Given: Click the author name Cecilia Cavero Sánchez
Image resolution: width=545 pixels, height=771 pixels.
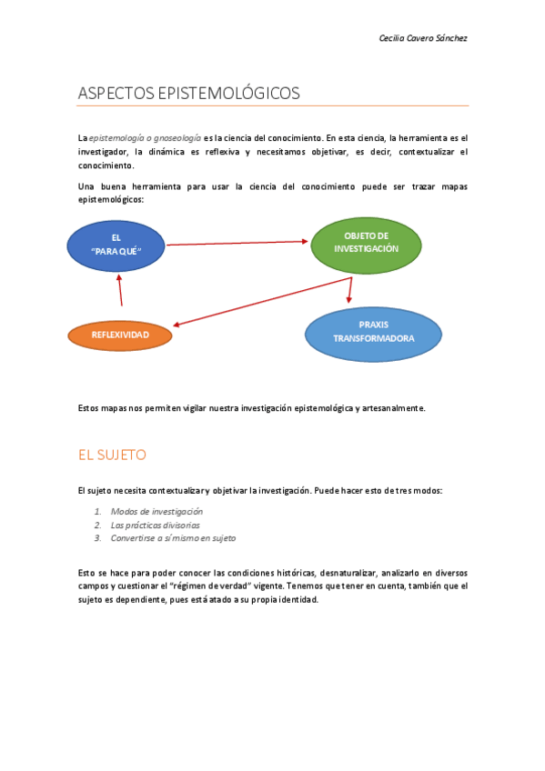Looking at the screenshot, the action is (422, 38).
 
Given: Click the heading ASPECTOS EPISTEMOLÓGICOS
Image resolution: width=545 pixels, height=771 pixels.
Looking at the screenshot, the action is (188, 93).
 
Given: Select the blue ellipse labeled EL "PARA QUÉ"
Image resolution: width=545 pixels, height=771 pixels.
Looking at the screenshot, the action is (116, 245).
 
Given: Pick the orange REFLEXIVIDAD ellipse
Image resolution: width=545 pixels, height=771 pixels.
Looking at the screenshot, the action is (120, 335).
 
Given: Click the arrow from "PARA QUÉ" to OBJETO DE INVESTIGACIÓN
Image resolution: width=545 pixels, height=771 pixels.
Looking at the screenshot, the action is (237, 243).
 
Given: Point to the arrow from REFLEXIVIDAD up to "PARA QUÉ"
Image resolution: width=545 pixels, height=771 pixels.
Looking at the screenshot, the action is (119, 290).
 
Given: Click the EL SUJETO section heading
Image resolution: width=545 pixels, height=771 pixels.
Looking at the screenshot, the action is (113, 455).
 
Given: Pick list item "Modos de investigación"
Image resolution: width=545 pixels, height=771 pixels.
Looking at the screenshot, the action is (156, 512).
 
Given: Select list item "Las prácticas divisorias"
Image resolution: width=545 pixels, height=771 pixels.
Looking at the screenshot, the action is (155, 525).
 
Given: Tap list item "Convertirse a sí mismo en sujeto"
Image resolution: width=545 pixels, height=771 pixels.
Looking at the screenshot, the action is (173, 538).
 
